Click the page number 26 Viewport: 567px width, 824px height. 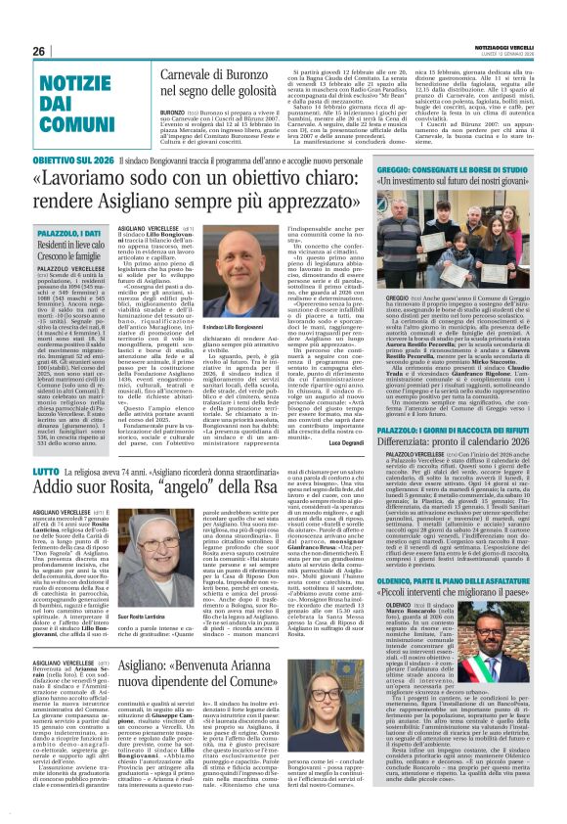click(x=40, y=51)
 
